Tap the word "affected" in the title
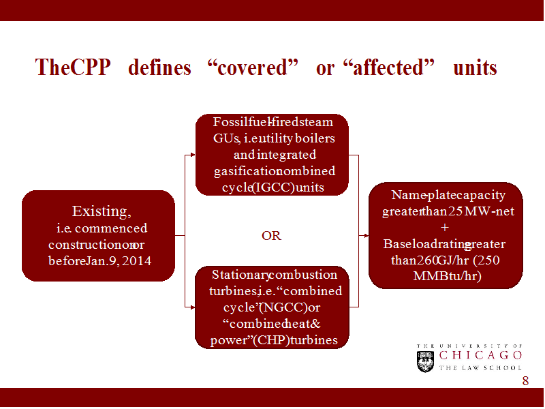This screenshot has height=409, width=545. click(390, 68)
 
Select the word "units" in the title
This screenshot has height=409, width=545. click(475, 68)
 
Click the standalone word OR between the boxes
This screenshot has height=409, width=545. click(271, 236)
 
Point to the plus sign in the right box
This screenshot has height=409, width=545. click(446, 227)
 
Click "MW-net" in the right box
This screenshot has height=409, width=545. click(490, 211)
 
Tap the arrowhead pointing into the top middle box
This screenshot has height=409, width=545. click(193, 155)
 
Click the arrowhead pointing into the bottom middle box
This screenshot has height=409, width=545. click(193, 307)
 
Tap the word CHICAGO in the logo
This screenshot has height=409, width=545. click(481, 355)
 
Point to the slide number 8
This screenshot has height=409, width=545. click(525, 381)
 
